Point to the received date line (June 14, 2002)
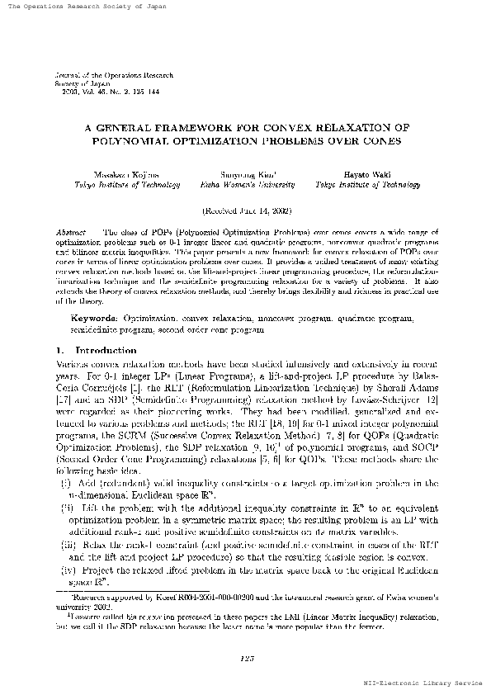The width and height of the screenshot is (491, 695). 246,211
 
